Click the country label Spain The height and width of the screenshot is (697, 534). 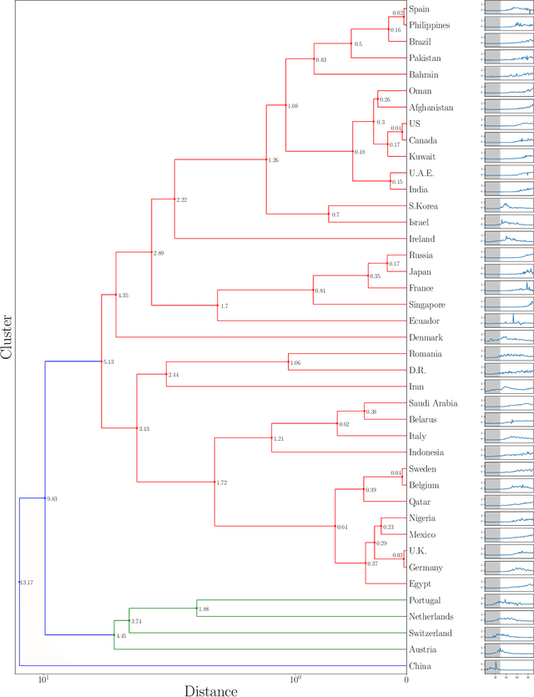click(x=421, y=9)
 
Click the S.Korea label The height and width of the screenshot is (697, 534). click(x=426, y=206)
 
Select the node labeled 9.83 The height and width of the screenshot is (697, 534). click(x=52, y=499)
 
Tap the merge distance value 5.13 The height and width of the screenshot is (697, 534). click(x=108, y=362)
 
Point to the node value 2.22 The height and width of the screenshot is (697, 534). click(x=182, y=200)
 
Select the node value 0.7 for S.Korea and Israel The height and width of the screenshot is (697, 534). click(x=335, y=215)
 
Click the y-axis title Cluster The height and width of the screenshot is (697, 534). click(x=8, y=336)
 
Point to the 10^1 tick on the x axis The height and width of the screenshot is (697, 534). click(x=44, y=679)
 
